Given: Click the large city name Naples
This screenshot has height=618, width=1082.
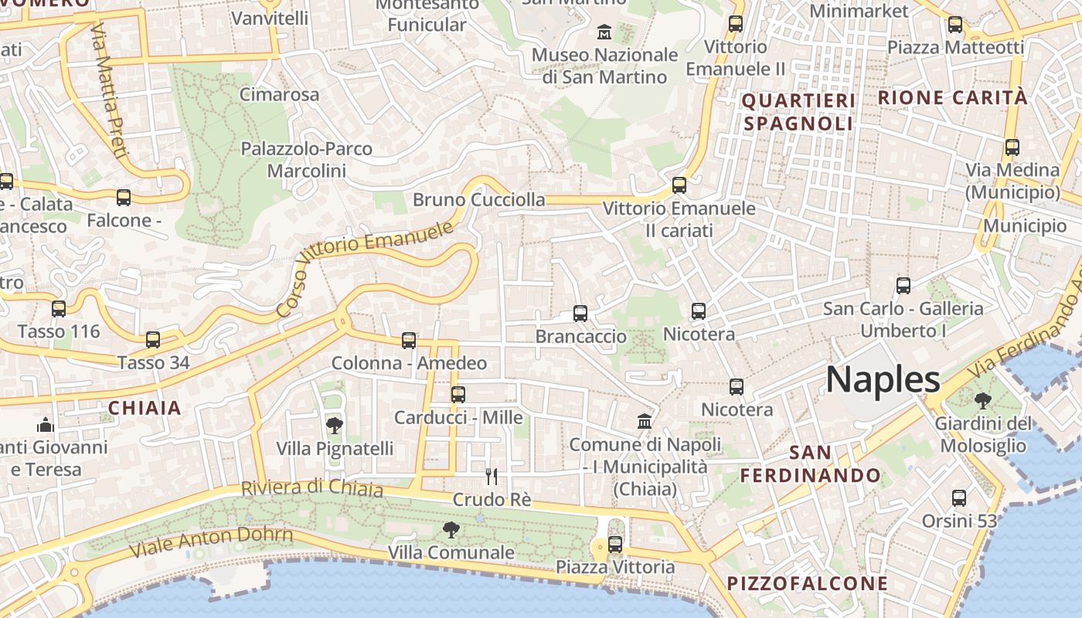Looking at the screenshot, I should click(883, 379).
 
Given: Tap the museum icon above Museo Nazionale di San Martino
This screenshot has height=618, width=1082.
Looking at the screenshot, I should click(604, 32).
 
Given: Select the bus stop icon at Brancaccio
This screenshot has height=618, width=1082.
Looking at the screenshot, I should click(580, 313).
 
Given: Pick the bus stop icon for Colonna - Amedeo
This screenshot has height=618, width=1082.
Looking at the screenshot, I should click(409, 340).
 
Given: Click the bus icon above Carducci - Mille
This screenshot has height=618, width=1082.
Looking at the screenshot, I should click(458, 394).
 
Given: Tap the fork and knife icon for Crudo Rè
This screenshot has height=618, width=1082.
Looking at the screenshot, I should click(491, 476).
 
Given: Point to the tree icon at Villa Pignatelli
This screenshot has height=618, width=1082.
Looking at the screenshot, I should click(335, 425).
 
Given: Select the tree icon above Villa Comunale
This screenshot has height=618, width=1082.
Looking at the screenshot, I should click(451, 529).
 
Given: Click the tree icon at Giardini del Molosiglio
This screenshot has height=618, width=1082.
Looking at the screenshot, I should click(982, 400).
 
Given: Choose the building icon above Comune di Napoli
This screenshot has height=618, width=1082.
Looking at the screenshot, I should click(645, 421).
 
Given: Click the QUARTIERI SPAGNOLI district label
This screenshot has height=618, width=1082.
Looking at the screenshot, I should click(798, 112).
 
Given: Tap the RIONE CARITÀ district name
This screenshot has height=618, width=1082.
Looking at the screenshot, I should click(953, 97).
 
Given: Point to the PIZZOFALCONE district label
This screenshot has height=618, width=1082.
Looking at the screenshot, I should click(808, 582).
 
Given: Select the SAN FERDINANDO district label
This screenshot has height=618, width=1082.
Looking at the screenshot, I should click(810, 463).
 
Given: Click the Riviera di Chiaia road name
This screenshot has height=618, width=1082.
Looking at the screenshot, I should click(311, 487).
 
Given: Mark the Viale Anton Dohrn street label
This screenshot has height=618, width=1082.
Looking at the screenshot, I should click(211, 542).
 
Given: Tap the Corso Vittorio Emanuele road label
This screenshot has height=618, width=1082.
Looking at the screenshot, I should click(364, 269).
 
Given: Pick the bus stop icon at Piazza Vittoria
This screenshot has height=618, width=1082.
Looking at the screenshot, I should click(615, 544).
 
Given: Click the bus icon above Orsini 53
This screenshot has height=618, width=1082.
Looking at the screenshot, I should click(959, 497).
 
